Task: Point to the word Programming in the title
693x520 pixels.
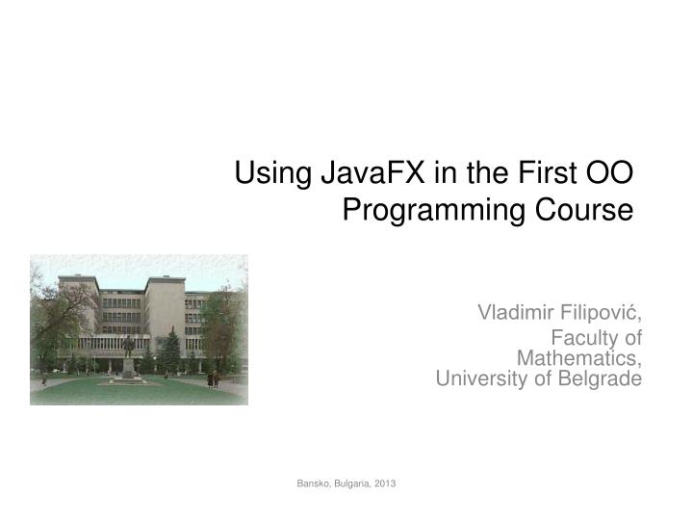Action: [430, 209]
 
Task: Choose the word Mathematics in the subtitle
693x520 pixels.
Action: [579, 357]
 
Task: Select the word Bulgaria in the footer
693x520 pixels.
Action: [354, 482]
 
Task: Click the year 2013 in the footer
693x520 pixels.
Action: [386, 482]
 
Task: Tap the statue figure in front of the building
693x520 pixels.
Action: [128, 346]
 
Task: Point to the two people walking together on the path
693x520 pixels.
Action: [214, 379]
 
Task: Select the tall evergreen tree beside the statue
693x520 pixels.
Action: [171, 350]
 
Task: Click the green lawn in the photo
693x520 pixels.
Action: [135, 393]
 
